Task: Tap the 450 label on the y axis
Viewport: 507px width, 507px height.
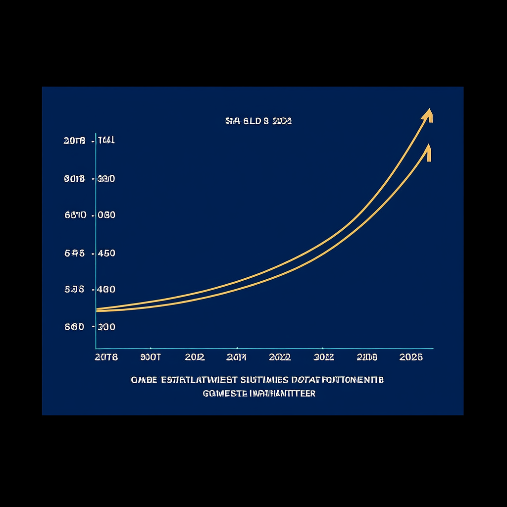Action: pyautogui.click(x=106, y=253)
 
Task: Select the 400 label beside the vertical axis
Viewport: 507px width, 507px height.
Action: pyautogui.click(x=106, y=290)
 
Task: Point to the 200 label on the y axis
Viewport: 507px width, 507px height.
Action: pyautogui.click(x=106, y=327)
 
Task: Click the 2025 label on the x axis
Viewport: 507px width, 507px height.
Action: pyautogui.click(x=410, y=357)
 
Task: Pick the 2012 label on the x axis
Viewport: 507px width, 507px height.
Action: pyautogui.click(x=195, y=357)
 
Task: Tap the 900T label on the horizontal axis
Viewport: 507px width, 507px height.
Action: pyautogui.click(x=151, y=357)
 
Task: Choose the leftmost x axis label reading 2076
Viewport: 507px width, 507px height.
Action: pyautogui.click(x=106, y=357)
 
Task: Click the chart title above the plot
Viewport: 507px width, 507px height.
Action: pyautogui.click(x=258, y=120)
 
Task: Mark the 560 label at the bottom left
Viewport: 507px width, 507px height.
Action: pyautogui.click(x=74, y=327)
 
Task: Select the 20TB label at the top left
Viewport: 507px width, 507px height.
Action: pyautogui.click(x=74, y=141)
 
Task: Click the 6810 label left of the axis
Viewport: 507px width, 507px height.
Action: pyautogui.click(x=75, y=215)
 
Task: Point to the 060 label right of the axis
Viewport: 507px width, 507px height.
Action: pyautogui.click(x=106, y=215)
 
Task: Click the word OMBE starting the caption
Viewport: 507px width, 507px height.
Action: pyautogui.click(x=144, y=380)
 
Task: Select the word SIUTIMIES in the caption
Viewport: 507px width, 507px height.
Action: pyautogui.click(x=264, y=380)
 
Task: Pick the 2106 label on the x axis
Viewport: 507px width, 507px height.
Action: pyautogui.click(x=367, y=357)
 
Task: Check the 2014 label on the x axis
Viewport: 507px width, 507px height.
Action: pyautogui.click(x=236, y=357)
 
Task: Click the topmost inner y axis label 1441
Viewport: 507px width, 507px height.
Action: pyautogui.click(x=106, y=141)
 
